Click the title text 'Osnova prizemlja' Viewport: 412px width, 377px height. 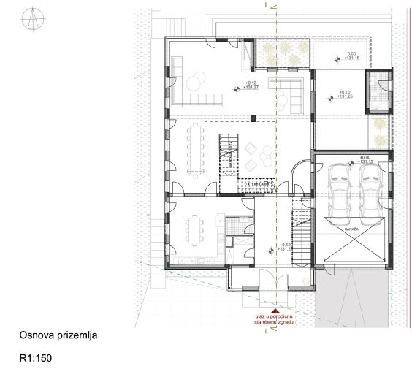click(x=58, y=335)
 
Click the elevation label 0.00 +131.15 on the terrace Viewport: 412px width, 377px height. click(x=351, y=56)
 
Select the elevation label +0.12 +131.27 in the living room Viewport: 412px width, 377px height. click(x=251, y=85)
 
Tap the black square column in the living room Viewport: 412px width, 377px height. click(x=253, y=118)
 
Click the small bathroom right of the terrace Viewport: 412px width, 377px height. click(x=378, y=93)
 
